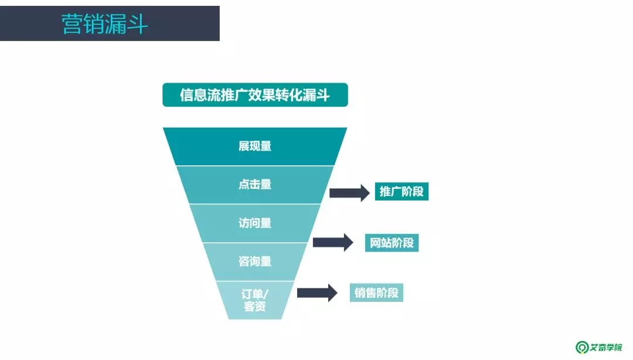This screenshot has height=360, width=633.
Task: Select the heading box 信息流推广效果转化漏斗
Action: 255,95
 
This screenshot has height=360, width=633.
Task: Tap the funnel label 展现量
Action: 255,147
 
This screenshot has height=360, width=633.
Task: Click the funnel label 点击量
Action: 255,184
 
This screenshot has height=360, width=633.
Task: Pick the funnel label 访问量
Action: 255,223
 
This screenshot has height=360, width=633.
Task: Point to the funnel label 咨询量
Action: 255,261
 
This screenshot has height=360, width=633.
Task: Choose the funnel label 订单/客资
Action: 255,299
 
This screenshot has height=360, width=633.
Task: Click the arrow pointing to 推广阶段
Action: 349,192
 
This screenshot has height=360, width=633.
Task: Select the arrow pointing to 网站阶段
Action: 333,242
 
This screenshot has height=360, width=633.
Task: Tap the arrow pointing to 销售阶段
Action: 317,292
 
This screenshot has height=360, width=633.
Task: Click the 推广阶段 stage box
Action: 401,192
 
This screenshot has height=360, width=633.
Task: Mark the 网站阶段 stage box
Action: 392,242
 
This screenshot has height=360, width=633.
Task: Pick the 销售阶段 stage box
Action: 377,292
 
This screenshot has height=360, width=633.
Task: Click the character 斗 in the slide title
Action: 138,24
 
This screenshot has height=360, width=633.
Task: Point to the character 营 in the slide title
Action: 73,24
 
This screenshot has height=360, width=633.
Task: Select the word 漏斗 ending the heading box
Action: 316,95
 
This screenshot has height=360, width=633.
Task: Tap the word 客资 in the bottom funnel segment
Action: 255,307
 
